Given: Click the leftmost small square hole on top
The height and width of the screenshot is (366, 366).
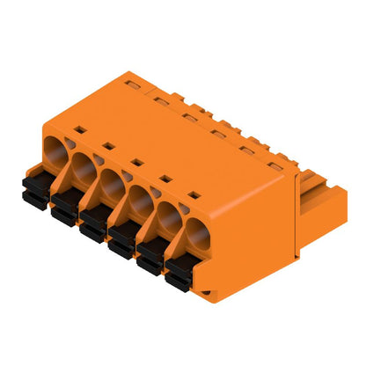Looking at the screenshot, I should (79, 130).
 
